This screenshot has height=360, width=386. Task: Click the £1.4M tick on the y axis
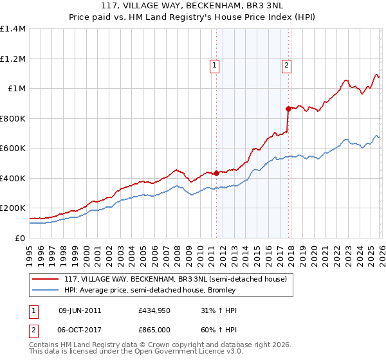[x=13, y=29]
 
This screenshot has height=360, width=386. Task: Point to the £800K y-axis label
[x=13, y=118]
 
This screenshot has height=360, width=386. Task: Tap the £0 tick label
[x=19, y=238]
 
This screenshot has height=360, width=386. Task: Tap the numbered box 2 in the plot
[x=286, y=64]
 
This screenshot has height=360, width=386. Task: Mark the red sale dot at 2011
[x=216, y=172]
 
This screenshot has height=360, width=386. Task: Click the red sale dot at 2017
[x=288, y=109]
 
